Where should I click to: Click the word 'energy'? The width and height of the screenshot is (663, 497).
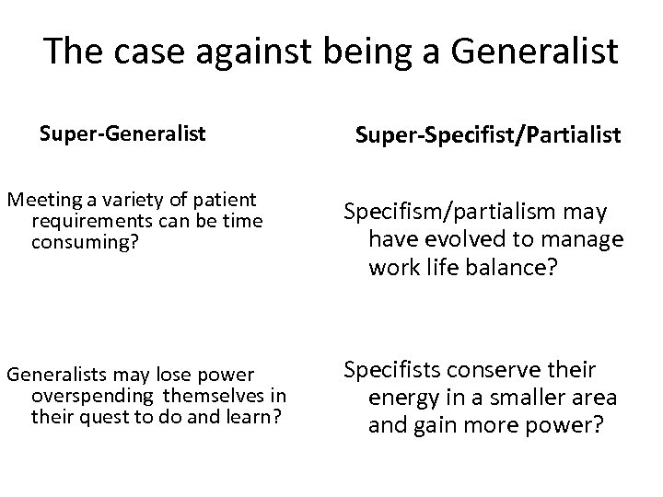[x=401, y=399]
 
